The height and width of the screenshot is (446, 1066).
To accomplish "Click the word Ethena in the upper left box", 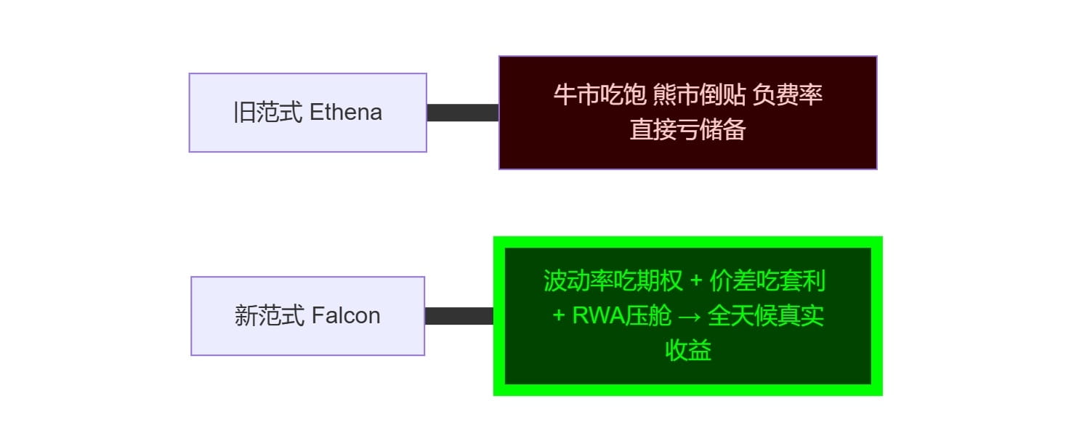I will [346, 113].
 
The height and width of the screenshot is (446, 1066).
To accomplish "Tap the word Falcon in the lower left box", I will [346, 316].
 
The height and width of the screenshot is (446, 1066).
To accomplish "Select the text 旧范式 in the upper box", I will [268, 113].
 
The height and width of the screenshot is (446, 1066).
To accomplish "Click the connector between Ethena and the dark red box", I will [462, 113].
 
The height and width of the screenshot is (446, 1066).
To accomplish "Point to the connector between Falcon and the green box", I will [459, 316].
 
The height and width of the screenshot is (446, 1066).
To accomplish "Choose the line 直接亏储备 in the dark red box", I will [687, 129].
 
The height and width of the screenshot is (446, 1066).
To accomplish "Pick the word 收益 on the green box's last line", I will [687, 351].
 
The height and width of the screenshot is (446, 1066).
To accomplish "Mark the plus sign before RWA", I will [559, 316].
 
